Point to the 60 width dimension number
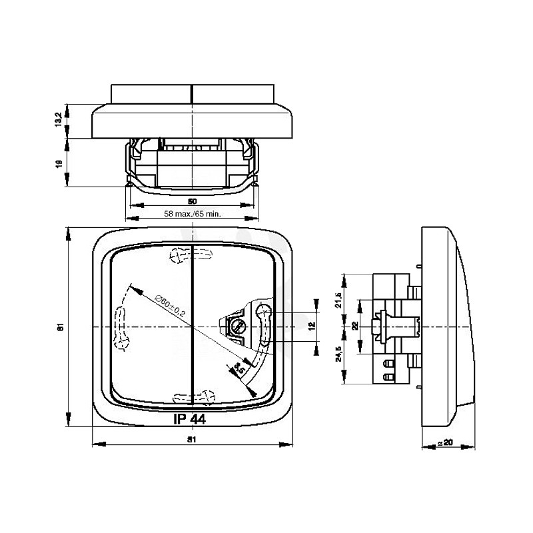click(192, 201)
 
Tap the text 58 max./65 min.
click(192, 214)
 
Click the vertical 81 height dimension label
click(59, 327)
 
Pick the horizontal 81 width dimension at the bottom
click(192, 440)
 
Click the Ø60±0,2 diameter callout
click(169, 304)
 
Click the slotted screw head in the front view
click(237, 326)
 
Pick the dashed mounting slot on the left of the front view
click(121, 326)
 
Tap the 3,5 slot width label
click(237, 368)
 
